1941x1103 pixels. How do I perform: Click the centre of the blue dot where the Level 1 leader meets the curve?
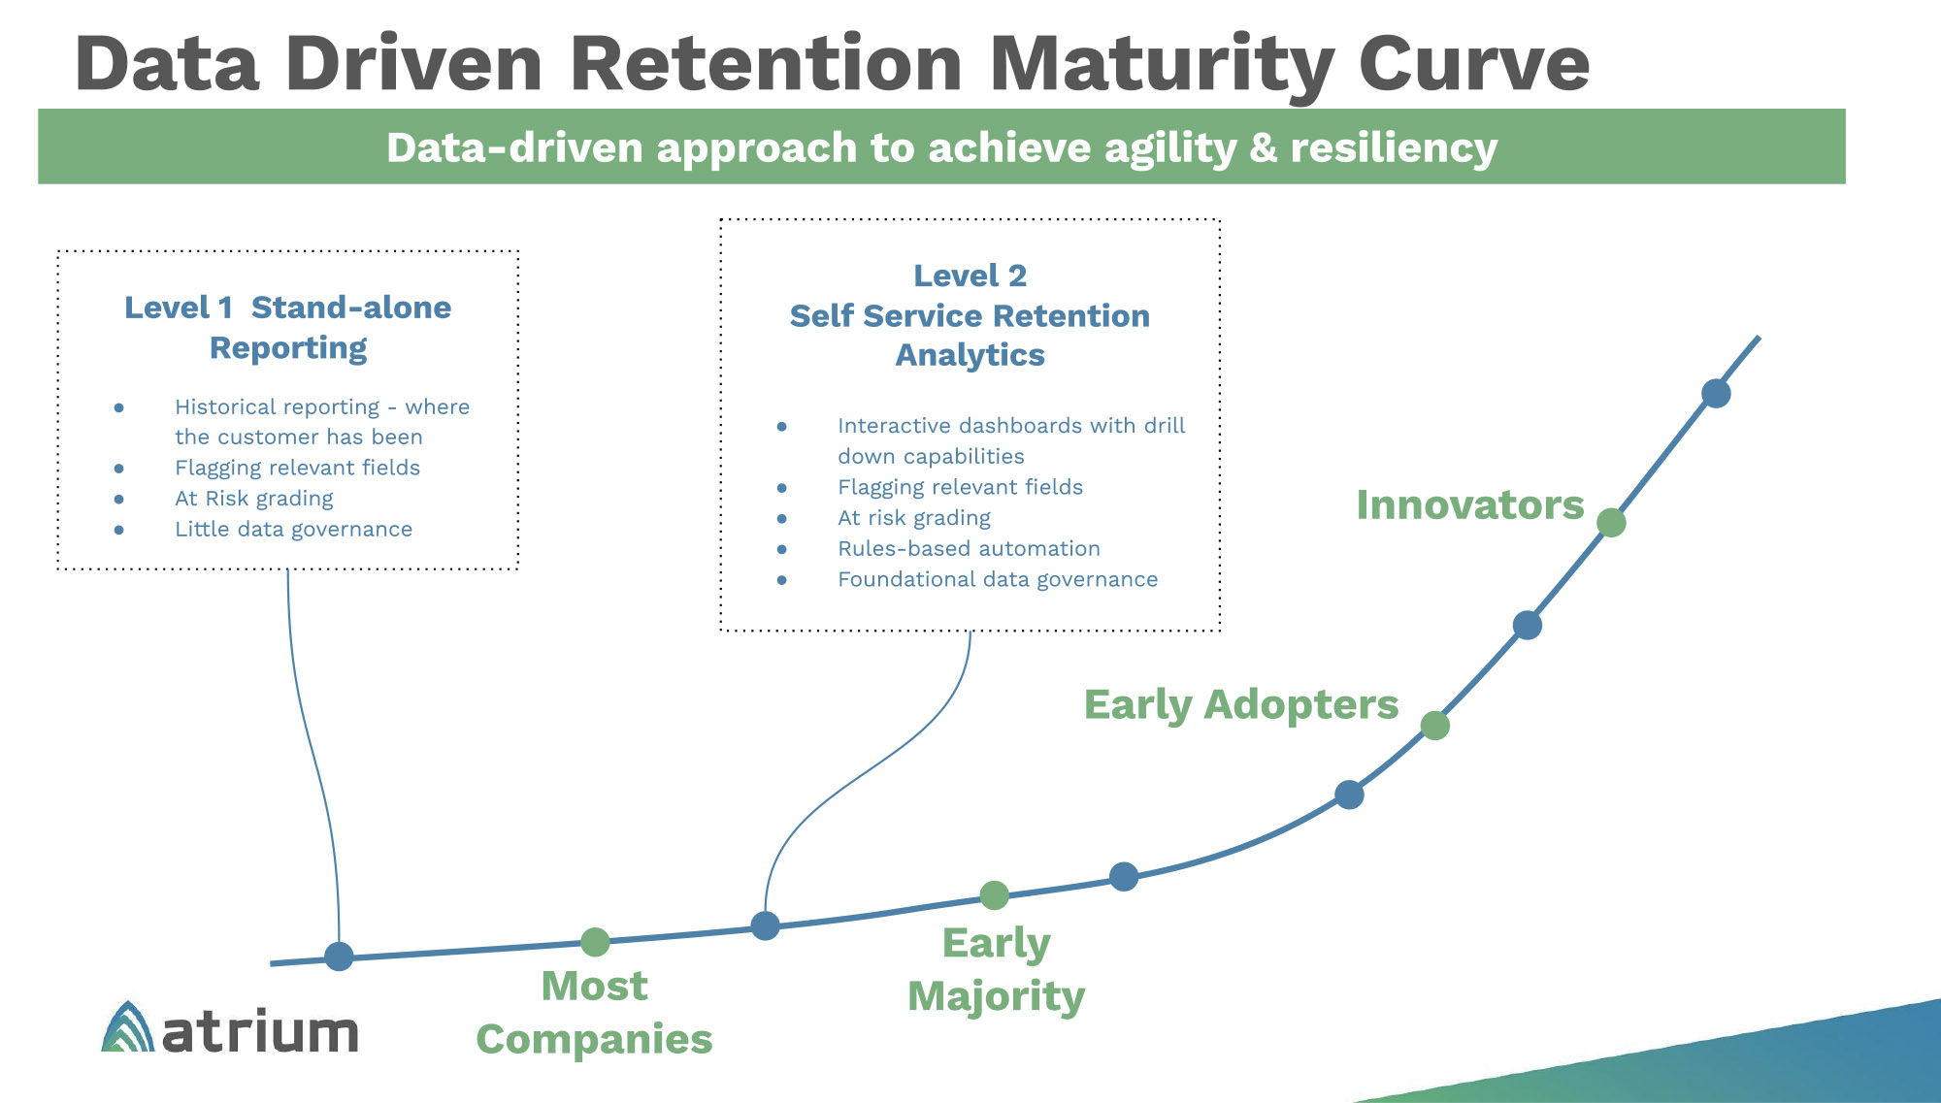pyautogui.click(x=339, y=957)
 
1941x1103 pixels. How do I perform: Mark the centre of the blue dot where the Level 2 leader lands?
pyautogui.click(x=766, y=926)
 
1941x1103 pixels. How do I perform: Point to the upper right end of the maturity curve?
pyautogui.click(x=1759, y=338)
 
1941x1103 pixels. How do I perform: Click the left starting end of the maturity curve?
pyautogui.click(x=272, y=963)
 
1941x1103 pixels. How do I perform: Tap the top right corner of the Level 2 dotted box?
pyautogui.click(x=1220, y=220)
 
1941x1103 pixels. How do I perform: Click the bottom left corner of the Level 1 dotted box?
pyautogui.click(x=58, y=568)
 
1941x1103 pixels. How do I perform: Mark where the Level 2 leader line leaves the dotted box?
pyautogui.click(x=970, y=632)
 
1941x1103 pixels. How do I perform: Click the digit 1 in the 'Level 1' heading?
pyautogui.click(x=225, y=308)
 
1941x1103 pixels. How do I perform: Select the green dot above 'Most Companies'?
pyautogui.click(x=595, y=942)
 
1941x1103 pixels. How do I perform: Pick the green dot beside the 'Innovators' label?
pyautogui.click(x=1611, y=523)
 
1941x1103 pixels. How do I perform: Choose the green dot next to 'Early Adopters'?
pyautogui.click(x=1435, y=726)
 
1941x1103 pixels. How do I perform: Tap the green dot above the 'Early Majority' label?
pyautogui.click(x=994, y=895)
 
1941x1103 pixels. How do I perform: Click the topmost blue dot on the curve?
pyautogui.click(x=1716, y=394)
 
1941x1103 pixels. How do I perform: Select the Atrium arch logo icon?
pyautogui.click(x=127, y=1027)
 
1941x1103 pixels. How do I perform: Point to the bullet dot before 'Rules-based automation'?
pyautogui.click(x=782, y=549)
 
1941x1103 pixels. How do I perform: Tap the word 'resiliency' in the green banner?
pyautogui.click(x=1394, y=148)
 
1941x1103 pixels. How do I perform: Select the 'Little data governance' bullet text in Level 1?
pyautogui.click(x=293, y=530)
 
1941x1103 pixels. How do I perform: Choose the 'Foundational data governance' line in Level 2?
pyautogui.click(x=998, y=580)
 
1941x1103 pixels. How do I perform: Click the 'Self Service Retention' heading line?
pyautogui.click(x=970, y=316)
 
